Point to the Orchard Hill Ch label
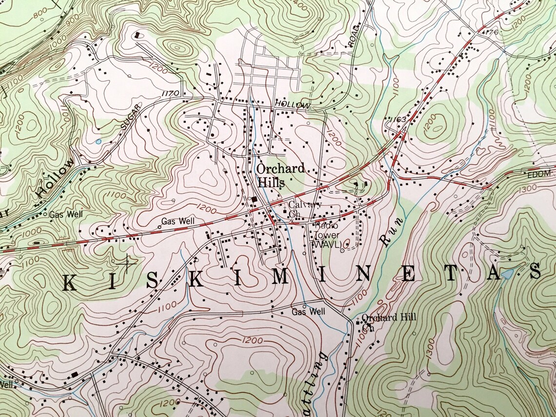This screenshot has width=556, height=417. point(388,321)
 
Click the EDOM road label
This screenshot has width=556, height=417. point(538,174)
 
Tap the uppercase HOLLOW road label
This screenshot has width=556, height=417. point(292,105)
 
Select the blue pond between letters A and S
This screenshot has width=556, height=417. point(507,275)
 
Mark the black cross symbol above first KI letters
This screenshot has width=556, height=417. point(128,263)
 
